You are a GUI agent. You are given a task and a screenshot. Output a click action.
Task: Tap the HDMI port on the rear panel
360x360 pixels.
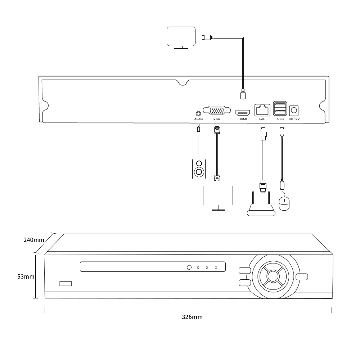coord(243,112)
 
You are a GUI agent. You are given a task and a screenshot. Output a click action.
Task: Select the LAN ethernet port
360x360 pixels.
coord(262,109)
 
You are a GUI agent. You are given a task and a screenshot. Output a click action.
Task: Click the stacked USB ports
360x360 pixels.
coord(280,108)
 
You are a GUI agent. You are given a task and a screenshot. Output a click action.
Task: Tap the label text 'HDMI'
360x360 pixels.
coord(243,119)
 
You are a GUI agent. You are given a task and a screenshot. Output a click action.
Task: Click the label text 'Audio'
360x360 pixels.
coord(198,119)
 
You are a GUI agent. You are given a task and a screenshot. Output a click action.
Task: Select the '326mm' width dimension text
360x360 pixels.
coord(192,317)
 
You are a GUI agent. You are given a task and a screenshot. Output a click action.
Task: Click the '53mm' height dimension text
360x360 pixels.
coord(26,276)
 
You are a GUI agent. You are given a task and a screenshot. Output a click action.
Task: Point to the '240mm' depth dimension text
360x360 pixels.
coord(33,240)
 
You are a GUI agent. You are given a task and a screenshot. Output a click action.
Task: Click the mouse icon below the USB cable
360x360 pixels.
coord(284,204)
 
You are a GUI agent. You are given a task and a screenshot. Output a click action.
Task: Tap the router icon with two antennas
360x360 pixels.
coord(261,209)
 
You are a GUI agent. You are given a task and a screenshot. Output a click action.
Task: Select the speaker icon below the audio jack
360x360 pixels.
coord(199,168)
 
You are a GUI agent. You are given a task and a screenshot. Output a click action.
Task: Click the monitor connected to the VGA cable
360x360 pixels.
coord(218,197)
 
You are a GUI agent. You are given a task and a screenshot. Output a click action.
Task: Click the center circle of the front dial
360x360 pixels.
coord(273,276)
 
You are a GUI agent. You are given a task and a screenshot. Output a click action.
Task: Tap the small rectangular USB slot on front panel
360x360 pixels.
coord(66,283)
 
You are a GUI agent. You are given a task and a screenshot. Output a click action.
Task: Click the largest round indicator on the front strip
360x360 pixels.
coord(189,267)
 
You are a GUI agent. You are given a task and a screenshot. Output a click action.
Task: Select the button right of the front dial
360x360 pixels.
coord(302,276)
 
